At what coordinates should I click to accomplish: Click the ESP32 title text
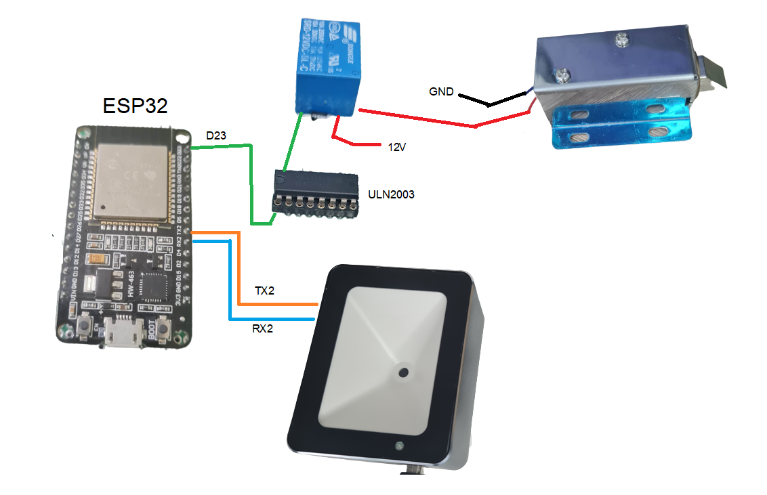(135, 106)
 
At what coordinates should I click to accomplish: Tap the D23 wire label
(216, 136)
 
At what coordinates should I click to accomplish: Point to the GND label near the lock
(441, 91)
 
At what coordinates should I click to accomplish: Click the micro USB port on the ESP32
(123, 335)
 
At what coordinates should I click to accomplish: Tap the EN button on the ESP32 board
(86, 328)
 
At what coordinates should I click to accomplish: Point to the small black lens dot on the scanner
(404, 372)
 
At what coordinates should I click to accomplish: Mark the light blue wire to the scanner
(230, 284)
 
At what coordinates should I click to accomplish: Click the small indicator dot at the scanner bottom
(400, 446)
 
